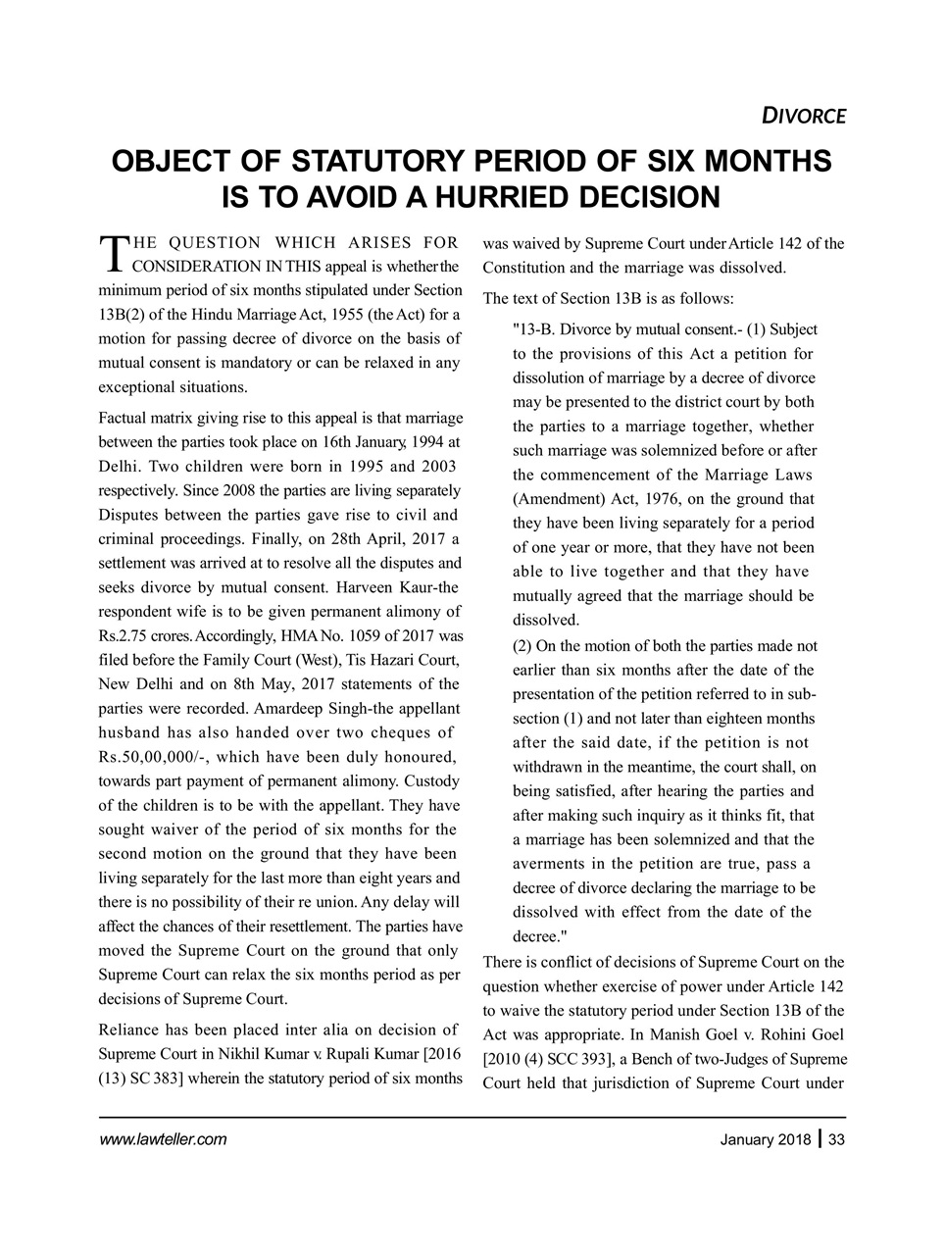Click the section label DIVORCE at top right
[x=804, y=116]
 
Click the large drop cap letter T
[x=114, y=254]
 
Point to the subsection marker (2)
[x=522, y=646]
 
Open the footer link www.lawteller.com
[x=163, y=1139]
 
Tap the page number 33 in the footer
[x=836, y=1139]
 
